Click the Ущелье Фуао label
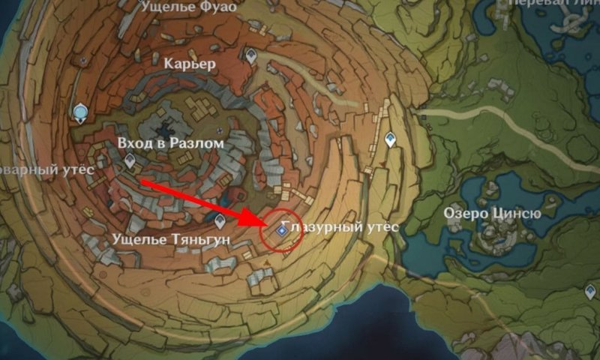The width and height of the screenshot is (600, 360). pyautogui.click(x=190, y=7)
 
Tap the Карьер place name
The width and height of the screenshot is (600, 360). pyautogui.click(x=190, y=64)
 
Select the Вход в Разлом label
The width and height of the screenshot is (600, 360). pyautogui.click(x=170, y=142)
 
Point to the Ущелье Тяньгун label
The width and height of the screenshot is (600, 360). pyautogui.click(x=169, y=238)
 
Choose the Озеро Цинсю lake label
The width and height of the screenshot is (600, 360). pyautogui.click(x=492, y=213)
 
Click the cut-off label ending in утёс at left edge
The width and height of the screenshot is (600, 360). pyautogui.click(x=46, y=170)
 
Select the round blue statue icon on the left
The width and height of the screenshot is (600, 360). pyautogui.click(x=79, y=112)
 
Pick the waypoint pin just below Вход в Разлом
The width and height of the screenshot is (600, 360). pyautogui.click(x=130, y=160)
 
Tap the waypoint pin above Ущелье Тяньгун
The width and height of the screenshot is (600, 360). pyautogui.click(x=220, y=220)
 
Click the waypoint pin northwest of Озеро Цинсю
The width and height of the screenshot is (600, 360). pyautogui.click(x=390, y=139)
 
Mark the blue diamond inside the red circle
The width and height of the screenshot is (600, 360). pyautogui.click(x=281, y=232)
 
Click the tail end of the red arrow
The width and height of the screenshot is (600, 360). pyautogui.click(x=141, y=181)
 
